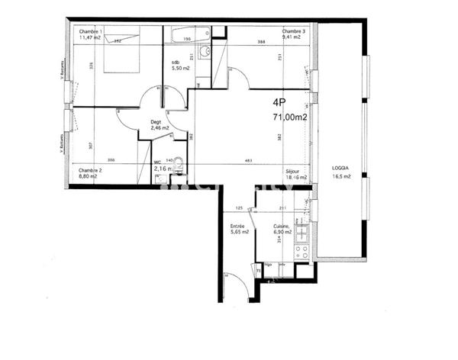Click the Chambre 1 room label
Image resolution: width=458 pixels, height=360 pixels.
pyautogui.click(x=90, y=31)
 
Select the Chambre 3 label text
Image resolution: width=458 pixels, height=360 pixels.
pyautogui.click(x=293, y=31)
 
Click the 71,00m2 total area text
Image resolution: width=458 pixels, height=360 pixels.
pyautogui.click(x=290, y=117)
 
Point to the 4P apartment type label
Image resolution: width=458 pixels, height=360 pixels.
pyautogui.click(x=280, y=103)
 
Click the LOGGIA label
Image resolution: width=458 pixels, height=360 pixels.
pyautogui.click(x=341, y=167)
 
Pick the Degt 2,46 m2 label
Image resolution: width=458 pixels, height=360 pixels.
pyautogui.click(x=159, y=125)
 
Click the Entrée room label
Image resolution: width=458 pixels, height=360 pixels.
pyautogui.click(x=238, y=227)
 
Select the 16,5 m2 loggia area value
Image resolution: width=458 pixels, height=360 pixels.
pyautogui.click(x=341, y=176)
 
